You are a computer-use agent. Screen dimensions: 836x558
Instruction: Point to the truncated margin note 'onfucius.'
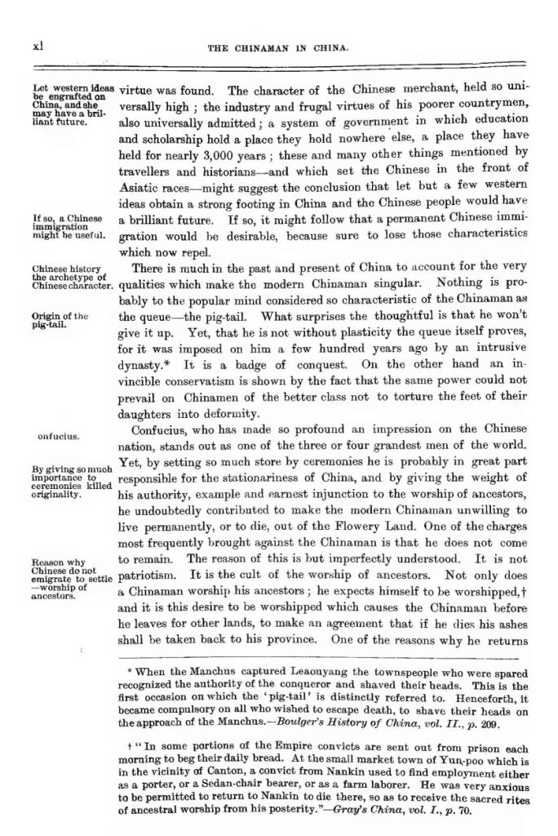tap(58, 436)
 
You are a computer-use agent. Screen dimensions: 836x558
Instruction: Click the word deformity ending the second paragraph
tap(230, 413)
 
